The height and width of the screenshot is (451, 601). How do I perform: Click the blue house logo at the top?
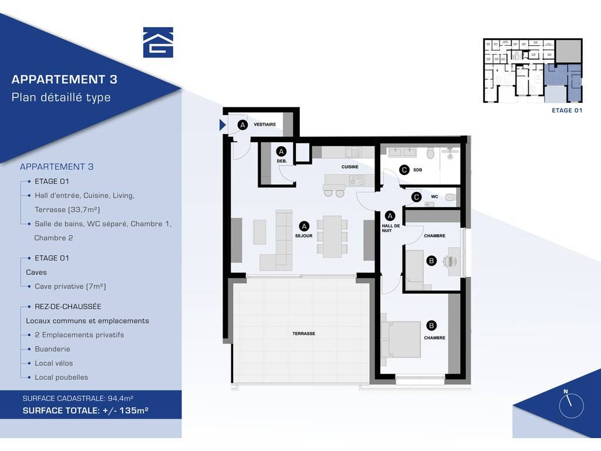(158, 42)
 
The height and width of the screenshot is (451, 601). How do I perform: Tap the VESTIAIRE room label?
(265, 124)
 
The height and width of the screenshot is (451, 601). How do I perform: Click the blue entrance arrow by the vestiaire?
(222, 125)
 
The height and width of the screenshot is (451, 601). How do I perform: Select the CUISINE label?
(350, 167)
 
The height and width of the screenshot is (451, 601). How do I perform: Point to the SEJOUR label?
(303, 236)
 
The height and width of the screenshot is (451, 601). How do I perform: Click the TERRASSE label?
(303, 334)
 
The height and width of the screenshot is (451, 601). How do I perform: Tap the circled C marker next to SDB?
(404, 170)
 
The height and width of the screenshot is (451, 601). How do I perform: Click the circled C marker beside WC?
(416, 197)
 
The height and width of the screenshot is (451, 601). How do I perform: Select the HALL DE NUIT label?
(390, 228)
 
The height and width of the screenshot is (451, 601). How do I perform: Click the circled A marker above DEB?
(281, 152)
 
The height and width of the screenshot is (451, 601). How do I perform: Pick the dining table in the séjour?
(332, 237)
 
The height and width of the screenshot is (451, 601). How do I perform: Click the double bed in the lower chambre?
(401, 339)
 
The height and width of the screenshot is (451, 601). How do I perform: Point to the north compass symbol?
(571, 405)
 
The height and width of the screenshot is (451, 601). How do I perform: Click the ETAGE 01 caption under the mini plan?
(567, 110)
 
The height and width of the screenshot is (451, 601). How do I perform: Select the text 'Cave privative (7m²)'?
(70, 287)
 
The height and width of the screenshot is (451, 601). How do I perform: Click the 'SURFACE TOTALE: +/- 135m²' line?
(86, 410)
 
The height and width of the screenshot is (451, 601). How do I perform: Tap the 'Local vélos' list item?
(53, 363)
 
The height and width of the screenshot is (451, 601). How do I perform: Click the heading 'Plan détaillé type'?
(61, 97)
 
